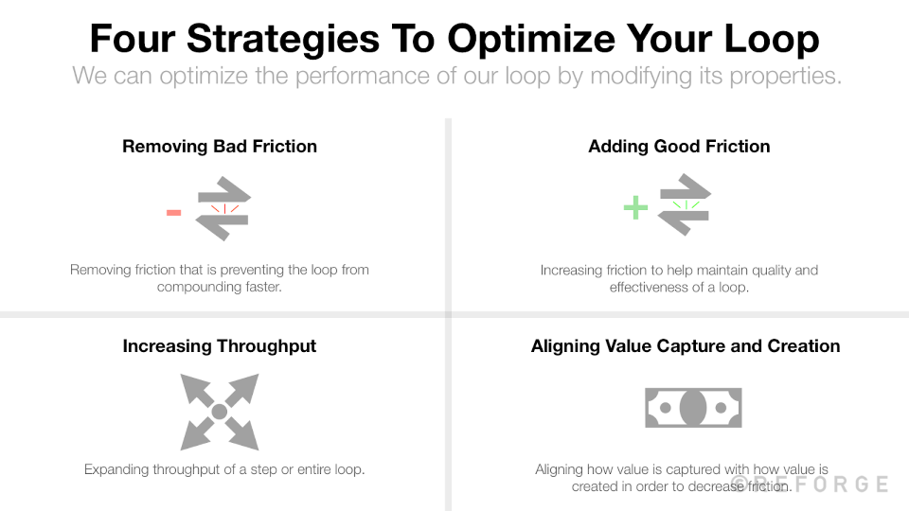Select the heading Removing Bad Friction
[x=220, y=146]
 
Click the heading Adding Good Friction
[x=679, y=146]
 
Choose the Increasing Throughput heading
[x=220, y=345]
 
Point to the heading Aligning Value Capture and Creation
[x=686, y=345]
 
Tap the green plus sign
[x=635, y=207]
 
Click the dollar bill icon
[x=693, y=408]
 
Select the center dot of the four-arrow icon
[x=219, y=412]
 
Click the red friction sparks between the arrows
[x=223, y=208]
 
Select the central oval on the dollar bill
[x=693, y=408]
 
